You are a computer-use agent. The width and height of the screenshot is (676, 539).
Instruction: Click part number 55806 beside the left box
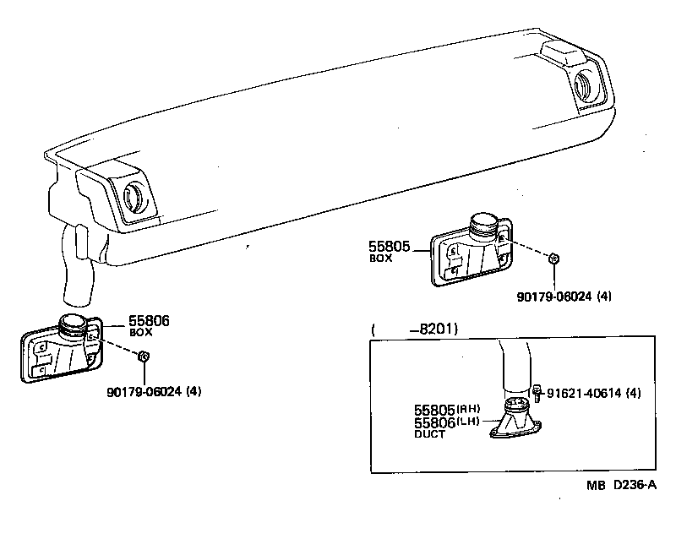149,321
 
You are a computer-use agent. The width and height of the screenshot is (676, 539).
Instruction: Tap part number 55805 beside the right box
389,248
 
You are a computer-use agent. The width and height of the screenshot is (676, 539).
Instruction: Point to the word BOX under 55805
380,259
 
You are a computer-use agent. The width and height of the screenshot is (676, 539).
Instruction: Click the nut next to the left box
144,357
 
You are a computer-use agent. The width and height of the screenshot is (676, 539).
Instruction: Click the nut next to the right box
553,259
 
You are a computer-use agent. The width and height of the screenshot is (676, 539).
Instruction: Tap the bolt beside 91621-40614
537,393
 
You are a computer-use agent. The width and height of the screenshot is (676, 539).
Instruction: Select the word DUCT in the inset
429,433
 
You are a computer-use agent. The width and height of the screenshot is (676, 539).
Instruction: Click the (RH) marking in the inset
469,409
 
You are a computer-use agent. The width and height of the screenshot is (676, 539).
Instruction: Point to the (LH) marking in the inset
469,421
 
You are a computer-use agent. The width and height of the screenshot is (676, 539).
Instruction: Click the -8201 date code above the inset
434,329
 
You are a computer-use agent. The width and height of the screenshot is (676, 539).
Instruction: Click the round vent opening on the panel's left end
134,196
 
